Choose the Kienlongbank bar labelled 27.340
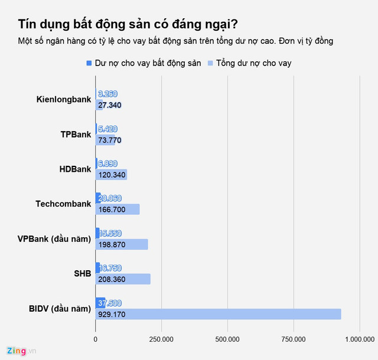pyautogui.click(x=100, y=105)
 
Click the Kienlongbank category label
pyautogui.click(x=64, y=99)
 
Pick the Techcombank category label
pyautogui.click(x=63, y=204)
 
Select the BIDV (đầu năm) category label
pyautogui.click(x=60, y=309)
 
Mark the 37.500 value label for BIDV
pyautogui.click(x=110, y=303)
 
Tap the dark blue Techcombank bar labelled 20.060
pyautogui.click(x=98, y=198)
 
